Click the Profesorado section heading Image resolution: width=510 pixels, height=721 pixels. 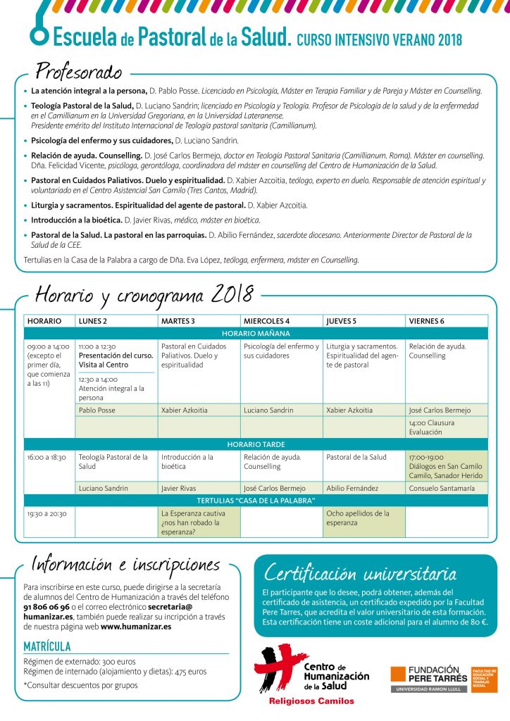78,72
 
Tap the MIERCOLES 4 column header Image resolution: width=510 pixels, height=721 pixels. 266,321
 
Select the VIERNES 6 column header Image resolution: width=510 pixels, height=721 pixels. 427,321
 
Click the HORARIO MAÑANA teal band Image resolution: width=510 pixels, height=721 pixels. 256,333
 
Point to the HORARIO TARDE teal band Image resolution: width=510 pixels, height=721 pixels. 256,444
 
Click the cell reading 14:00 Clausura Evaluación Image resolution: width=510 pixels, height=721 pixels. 447,427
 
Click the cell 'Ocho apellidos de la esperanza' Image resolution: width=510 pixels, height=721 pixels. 363,518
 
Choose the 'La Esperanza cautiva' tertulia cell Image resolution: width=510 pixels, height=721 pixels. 199,522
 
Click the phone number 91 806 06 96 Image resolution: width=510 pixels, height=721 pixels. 46,606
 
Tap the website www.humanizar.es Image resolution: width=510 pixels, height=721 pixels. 136,626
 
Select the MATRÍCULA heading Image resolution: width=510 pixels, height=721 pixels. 47,646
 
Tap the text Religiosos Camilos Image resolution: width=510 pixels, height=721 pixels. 311,701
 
